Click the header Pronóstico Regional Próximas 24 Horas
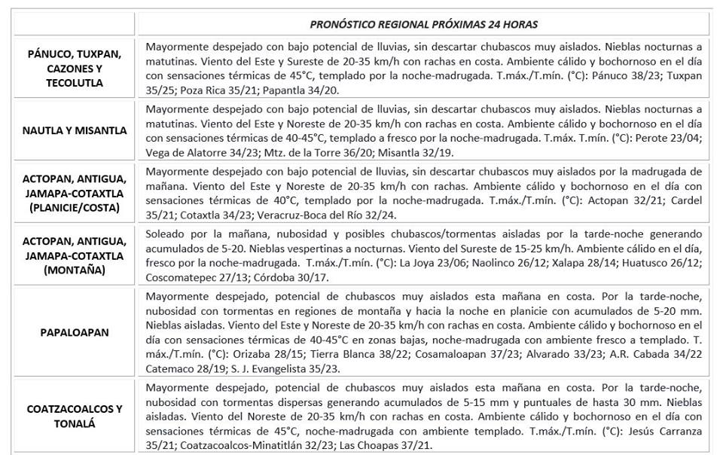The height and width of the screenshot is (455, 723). tap(423, 24)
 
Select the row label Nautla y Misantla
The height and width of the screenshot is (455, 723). tap(74, 130)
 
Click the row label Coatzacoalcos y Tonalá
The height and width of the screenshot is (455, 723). tap(74, 416)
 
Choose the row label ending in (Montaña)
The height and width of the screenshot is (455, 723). tap(74, 255)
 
